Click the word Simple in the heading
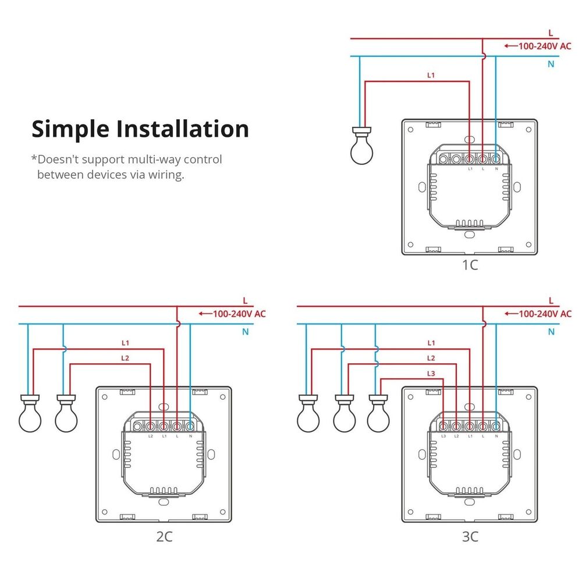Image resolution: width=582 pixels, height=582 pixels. [x=70, y=129]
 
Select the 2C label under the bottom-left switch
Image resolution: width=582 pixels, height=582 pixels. [x=164, y=537]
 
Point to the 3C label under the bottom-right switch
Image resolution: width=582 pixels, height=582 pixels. [x=470, y=537]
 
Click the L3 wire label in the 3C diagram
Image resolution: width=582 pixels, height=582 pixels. [x=431, y=373]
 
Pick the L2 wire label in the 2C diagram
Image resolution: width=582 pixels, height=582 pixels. [x=125, y=358]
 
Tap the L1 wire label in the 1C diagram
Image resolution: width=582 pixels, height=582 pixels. [x=431, y=75]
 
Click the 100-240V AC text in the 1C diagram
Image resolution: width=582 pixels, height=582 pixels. [x=545, y=45]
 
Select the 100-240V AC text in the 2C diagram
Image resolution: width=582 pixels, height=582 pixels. [x=239, y=313]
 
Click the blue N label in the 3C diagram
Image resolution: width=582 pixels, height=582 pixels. [x=551, y=332]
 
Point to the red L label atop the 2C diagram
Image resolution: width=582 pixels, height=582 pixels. [x=245, y=301]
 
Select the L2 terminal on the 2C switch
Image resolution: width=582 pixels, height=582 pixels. [x=151, y=427]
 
